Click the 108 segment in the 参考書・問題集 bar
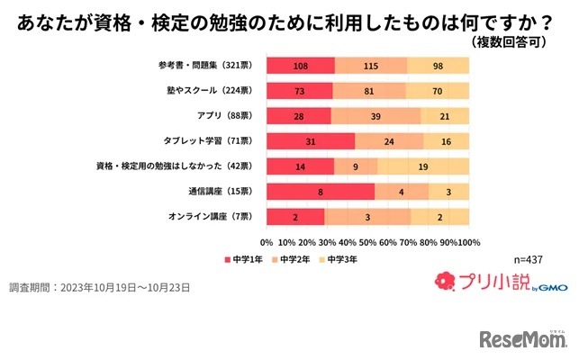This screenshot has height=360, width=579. pos(301,66)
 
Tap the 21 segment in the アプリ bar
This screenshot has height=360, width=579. pos(445,116)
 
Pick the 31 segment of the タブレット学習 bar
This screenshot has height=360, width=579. pos(311,141)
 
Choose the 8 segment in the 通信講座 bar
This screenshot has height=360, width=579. pos(321,192)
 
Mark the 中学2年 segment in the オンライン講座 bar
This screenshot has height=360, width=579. pos(367,217)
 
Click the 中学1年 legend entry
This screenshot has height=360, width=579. pos(243,259)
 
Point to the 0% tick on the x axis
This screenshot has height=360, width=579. pos(267,243)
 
